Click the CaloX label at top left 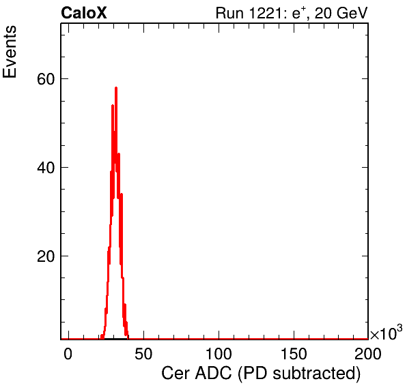click(x=84, y=13)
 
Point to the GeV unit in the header click(x=352, y=13)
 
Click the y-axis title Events click(x=10, y=52)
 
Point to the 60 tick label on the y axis click(x=46, y=79)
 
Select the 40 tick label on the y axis click(x=46, y=168)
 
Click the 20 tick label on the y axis click(x=46, y=256)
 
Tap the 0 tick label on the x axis click(x=68, y=353)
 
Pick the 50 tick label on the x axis click(x=143, y=353)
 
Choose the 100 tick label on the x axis click(x=219, y=353)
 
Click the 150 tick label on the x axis click(x=294, y=353)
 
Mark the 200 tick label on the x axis click(x=368, y=353)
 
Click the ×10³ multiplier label click(x=387, y=332)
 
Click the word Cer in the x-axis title click(x=176, y=373)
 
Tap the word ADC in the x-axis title click(x=213, y=373)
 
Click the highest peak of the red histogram click(x=116, y=88)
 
